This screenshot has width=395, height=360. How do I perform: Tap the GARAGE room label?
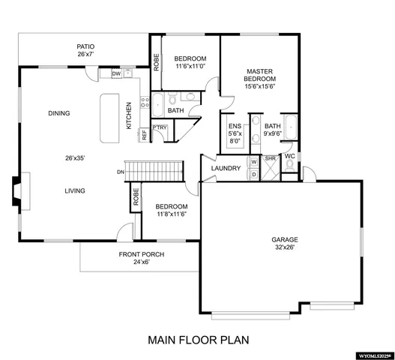[285, 241]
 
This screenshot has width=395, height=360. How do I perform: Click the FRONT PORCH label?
[141, 254]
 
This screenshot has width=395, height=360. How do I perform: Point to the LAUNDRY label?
[226, 168]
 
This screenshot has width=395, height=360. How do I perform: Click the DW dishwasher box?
[116, 73]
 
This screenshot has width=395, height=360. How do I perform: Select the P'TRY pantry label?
[160, 128]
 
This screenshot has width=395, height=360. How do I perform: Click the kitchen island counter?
[109, 119]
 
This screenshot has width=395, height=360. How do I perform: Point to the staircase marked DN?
[154, 171]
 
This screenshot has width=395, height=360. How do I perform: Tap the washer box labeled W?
[254, 161]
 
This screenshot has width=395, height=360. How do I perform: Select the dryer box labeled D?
[254, 173]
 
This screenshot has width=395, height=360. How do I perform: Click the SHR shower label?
[270, 159]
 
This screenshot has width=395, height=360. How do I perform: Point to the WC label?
[289, 157]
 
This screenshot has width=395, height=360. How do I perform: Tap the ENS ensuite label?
[235, 126]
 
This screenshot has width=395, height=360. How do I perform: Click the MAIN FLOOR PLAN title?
[197, 339]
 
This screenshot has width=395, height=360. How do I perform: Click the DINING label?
[59, 114]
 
